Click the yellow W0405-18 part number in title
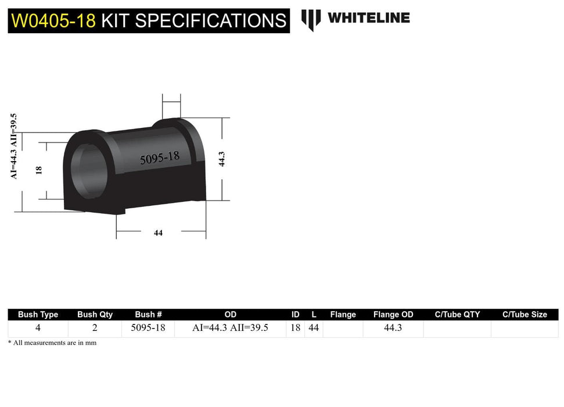coord(53,21)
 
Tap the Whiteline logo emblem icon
coord(311,19)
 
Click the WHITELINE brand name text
coord(368,18)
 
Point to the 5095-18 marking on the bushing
coord(159,158)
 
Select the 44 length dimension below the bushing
coord(158,233)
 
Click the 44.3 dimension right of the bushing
coord(221,159)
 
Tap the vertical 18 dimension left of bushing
coord(39,170)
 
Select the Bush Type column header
coord(38,315)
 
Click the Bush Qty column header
coord(95,315)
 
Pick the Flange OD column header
coord(393,315)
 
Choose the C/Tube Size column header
coord(525,315)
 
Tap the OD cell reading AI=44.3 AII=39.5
coord(230,328)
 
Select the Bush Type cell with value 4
coord(38,328)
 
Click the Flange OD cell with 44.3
coord(393,328)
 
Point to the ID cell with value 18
coord(295,328)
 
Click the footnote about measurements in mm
coord(52,343)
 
